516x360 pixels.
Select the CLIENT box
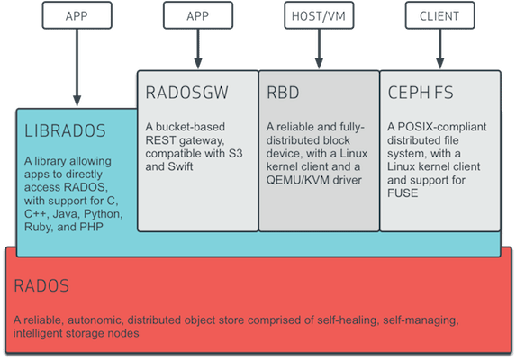point(438,16)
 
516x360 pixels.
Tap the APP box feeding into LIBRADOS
point(77,16)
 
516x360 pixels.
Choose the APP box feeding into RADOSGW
point(196,16)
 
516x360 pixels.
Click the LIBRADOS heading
point(64,130)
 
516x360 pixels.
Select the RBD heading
point(282,92)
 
